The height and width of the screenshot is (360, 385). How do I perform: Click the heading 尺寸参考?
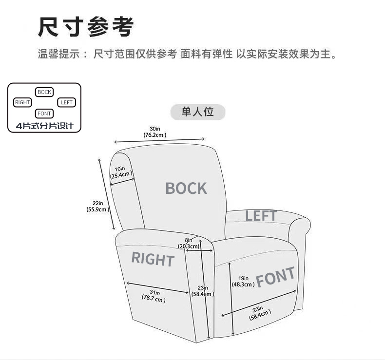pos(86,27)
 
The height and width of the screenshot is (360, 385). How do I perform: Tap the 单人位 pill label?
pos(198,112)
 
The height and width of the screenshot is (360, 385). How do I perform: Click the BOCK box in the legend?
pos(44,92)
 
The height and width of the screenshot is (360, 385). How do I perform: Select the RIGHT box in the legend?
pos(22,102)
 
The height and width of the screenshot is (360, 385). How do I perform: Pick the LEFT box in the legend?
pos(67,102)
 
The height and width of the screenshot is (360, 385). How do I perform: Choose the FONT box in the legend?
pos(44,114)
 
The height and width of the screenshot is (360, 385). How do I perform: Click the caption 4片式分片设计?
pos(44,126)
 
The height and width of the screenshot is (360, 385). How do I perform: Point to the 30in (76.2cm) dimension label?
pos(155,132)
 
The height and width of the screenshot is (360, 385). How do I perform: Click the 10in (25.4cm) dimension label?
pos(121,172)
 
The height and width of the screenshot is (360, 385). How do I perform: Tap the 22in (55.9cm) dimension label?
pos(96,206)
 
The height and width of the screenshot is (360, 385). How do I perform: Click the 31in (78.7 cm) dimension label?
pos(154,296)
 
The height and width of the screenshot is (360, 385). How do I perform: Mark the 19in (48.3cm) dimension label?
pos(242,281)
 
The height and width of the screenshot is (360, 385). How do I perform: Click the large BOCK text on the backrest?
pos(186,188)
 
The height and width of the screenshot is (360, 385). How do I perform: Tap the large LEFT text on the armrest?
pos(261,215)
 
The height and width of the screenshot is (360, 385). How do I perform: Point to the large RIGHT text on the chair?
pos(153,259)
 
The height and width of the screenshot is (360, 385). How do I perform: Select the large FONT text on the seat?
pos(276,277)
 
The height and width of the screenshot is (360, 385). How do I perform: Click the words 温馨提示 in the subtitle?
pos(58,54)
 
